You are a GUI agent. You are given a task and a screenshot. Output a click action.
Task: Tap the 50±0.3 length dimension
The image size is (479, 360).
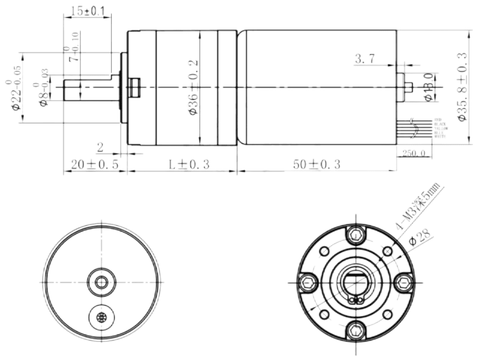317,164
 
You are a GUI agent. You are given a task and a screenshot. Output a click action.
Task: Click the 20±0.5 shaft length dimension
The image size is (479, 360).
95,164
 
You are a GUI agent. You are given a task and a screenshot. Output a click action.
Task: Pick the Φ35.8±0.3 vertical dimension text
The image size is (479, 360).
462,87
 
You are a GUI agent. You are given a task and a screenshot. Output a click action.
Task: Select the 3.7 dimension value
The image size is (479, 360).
364,59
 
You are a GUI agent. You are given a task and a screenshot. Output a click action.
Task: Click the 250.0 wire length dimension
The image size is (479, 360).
415,153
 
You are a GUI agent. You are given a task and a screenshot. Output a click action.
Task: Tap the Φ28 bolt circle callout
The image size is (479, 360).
420,238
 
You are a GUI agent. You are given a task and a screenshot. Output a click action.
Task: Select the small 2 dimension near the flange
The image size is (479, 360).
100,147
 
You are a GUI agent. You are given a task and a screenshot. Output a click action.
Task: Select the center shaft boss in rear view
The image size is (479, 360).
100,282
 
